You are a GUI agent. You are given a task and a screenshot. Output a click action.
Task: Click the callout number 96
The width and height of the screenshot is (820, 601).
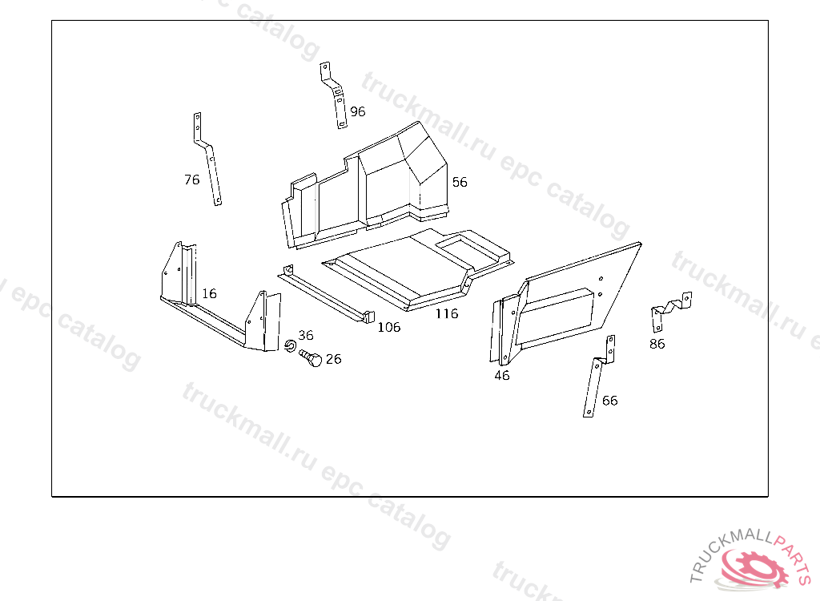coord(358,111)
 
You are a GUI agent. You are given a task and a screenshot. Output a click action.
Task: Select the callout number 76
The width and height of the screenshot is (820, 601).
coord(192,179)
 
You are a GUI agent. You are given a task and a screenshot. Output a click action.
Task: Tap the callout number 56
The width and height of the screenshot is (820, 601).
coord(460,182)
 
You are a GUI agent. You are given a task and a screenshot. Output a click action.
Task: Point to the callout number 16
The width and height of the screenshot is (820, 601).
coord(209,294)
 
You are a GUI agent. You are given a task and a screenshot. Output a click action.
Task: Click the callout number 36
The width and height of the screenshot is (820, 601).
coord(306,335)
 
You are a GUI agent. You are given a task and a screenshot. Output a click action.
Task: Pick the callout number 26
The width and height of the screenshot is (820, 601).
coord(333,359)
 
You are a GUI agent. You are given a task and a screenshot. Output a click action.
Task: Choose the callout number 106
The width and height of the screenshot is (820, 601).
coord(388,327)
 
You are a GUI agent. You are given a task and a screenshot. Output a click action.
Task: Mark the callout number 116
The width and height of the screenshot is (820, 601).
coord(447,313)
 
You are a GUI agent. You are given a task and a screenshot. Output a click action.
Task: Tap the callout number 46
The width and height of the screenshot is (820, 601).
coord(502,375)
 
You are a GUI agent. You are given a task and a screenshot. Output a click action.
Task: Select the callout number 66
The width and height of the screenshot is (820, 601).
coord(609,401)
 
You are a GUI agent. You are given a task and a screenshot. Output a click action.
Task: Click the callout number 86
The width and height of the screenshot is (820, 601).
coord(657,344)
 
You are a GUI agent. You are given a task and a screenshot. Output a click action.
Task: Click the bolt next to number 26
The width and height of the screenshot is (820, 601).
coord(311,359)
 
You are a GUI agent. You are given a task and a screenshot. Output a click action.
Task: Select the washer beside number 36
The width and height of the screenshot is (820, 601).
coord(290,345)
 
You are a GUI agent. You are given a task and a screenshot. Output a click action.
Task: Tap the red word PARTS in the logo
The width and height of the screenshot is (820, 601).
coord(795,556)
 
